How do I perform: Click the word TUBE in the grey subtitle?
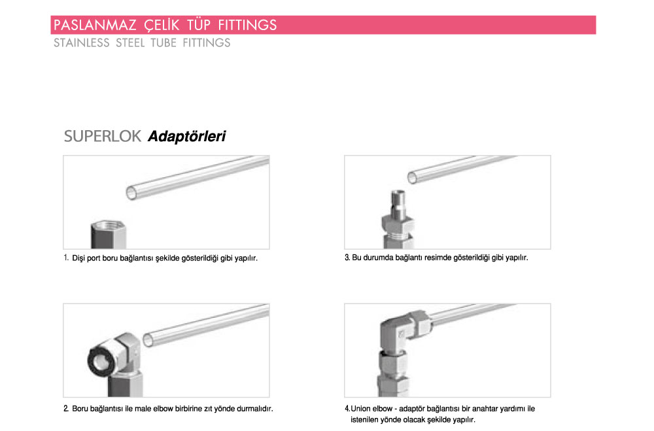(x=162, y=43)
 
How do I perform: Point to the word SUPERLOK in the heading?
(x=103, y=137)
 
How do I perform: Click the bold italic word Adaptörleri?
(x=187, y=137)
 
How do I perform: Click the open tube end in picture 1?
(x=131, y=192)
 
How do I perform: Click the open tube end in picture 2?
(x=150, y=339)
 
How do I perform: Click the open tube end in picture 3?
(x=413, y=177)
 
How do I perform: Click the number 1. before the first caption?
(x=67, y=258)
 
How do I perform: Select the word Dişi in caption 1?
(x=79, y=258)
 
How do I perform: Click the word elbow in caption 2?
(x=183, y=409)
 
